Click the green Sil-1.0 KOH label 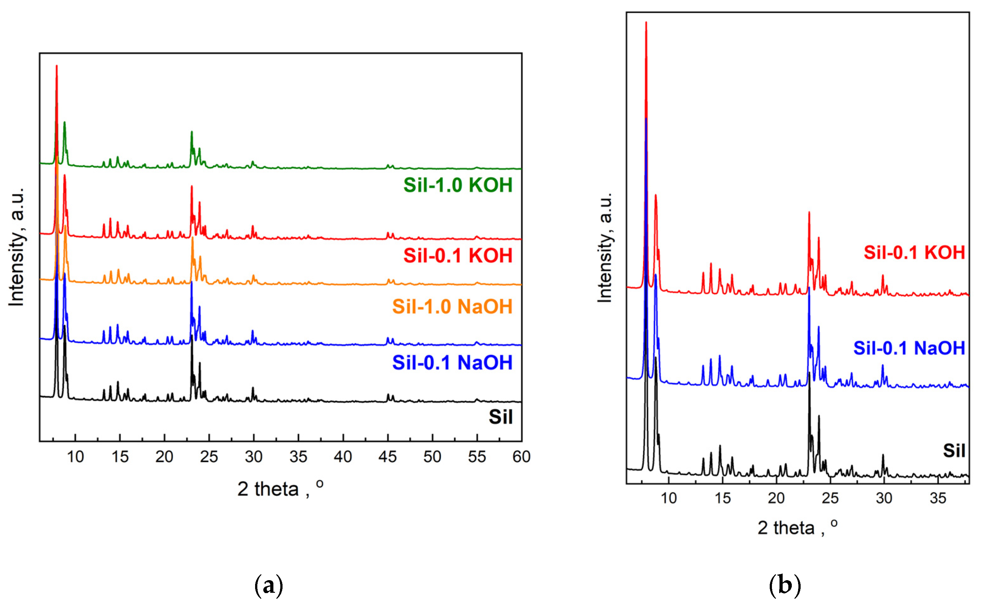(x=458, y=185)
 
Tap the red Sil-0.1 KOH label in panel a (x=458, y=256)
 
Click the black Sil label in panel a (x=500, y=417)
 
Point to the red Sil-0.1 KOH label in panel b (x=914, y=252)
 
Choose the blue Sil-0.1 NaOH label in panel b (x=909, y=348)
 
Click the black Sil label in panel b (x=954, y=451)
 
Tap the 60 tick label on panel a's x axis (x=521, y=457)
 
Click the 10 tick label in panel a (x=75, y=457)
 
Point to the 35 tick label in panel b (x=938, y=498)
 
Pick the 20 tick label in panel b (x=776, y=498)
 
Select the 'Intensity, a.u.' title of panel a (x=16, y=247)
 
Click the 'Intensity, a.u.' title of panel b (x=605, y=247)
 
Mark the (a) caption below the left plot (x=268, y=586)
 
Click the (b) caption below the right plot (x=785, y=586)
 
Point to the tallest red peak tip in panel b (x=646, y=22)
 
